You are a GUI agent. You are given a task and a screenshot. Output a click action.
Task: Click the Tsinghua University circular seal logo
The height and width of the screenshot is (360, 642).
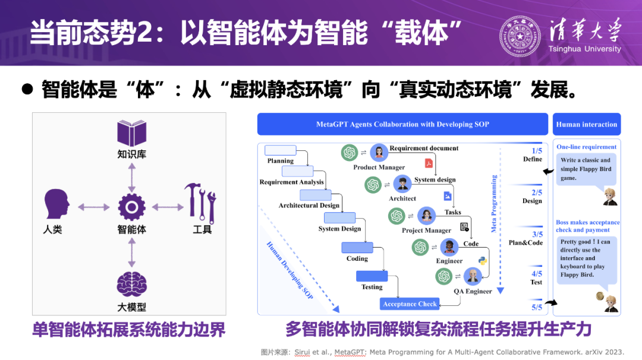point(522,36)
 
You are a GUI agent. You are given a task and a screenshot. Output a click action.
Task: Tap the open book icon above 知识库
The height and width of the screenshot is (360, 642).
point(131,134)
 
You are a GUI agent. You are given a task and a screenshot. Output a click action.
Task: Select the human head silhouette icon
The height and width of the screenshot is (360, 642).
point(56,206)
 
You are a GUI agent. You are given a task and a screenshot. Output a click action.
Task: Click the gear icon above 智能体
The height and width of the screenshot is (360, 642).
point(131,207)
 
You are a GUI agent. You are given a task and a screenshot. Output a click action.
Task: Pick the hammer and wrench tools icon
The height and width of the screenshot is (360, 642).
point(199,202)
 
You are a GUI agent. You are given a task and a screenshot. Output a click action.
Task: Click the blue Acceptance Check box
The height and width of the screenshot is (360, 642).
point(410,304)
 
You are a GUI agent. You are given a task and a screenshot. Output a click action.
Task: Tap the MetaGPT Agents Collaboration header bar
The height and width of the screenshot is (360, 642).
point(402,124)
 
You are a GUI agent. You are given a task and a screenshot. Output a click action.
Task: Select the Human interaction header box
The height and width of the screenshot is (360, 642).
point(586,124)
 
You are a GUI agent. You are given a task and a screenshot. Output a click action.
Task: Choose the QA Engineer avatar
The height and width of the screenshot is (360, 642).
point(473,276)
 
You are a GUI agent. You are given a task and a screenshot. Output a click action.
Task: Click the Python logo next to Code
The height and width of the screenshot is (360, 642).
point(483,261)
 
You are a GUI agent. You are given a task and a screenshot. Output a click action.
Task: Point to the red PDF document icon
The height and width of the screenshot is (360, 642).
point(428,163)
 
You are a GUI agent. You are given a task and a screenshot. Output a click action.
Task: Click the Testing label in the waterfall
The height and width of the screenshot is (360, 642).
point(372,287)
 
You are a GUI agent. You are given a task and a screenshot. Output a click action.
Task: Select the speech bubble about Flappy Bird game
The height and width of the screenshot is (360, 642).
point(586,169)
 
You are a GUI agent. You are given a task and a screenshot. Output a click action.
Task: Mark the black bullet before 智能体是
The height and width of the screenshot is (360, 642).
point(27,89)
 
